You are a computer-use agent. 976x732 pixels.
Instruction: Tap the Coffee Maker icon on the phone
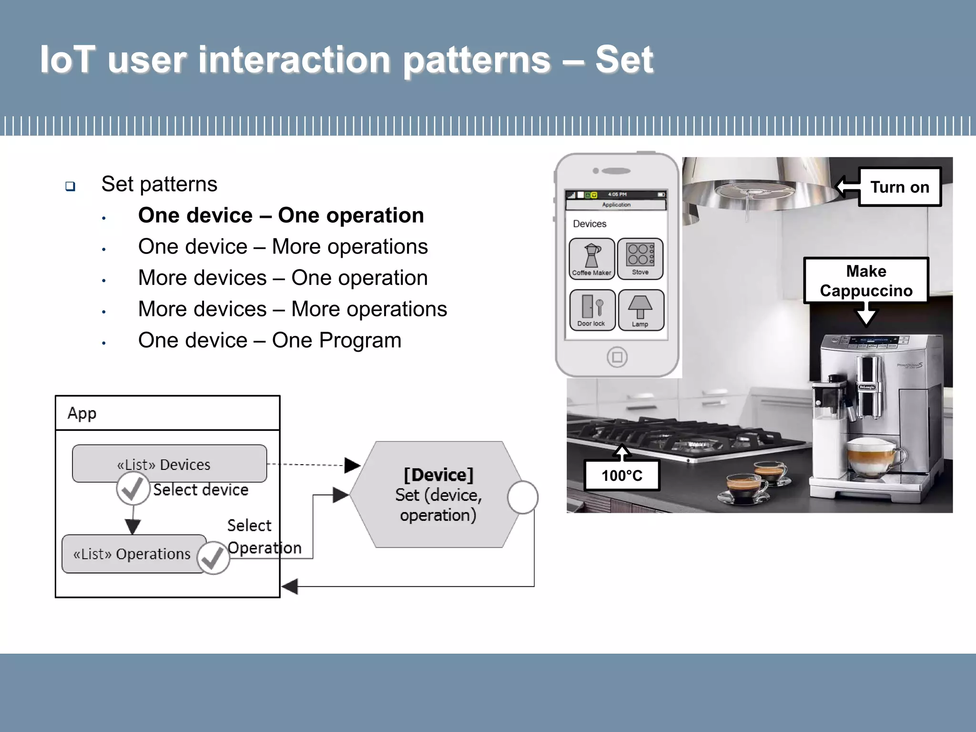[592, 259]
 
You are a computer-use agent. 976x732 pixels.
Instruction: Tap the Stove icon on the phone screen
[640, 259]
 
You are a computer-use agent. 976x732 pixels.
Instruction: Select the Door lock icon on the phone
[592, 310]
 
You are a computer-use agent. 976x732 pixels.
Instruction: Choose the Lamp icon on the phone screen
[640, 310]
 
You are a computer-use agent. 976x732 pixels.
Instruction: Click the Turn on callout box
[899, 187]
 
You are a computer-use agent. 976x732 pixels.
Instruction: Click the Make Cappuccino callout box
[866, 281]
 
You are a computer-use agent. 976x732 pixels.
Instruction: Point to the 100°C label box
[621, 475]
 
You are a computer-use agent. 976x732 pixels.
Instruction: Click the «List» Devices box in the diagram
[169, 463]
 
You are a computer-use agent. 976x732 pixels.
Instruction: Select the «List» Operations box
[132, 554]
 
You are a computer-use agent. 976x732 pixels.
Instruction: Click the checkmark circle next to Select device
[133, 489]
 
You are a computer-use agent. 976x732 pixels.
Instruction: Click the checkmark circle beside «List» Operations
[213, 558]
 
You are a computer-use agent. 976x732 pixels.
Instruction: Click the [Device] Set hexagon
[437, 495]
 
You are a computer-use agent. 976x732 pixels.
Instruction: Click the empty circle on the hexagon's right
[522, 497]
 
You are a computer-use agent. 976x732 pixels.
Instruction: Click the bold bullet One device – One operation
[281, 215]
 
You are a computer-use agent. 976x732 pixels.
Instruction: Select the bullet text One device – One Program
[269, 340]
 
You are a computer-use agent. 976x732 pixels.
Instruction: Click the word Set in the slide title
[624, 60]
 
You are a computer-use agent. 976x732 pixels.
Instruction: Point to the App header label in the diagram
[82, 413]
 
